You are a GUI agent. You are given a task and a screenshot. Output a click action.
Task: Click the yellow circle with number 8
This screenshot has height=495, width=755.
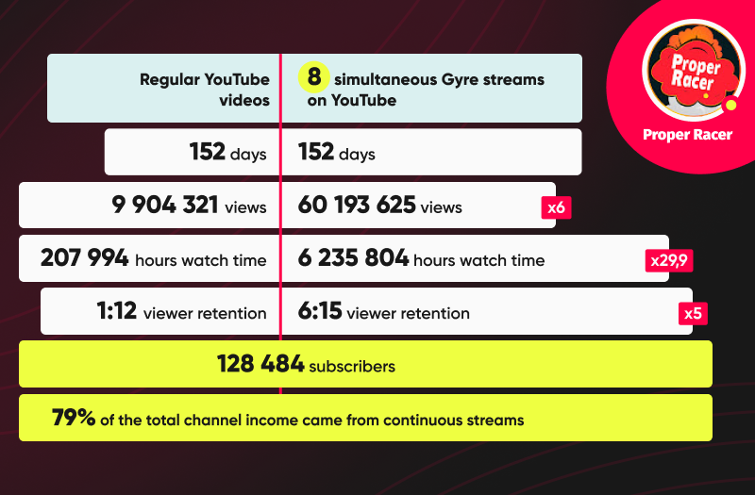pyautogui.click(x=314, y=77)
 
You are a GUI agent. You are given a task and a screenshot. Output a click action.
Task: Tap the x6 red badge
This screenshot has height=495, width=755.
pyautogui.click(x=556, y=207)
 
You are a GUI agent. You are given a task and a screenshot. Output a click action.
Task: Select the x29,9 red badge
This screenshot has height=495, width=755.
pyautogui.click(x=669, y=261)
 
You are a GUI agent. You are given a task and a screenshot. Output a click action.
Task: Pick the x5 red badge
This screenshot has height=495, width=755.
pyautogui.click(x=693, y=314)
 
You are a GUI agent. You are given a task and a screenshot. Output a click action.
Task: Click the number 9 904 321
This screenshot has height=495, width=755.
pyautogui.click(x=165, y=205)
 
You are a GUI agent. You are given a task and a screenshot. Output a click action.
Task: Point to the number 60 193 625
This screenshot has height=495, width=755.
pyautogui.click(x=357, y=205)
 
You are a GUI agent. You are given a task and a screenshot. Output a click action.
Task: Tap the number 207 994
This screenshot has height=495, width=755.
pyautogui.click(x=85, y=257)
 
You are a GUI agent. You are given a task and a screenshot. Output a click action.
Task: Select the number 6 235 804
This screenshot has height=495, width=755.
pyautogui.click(x=353, y=257)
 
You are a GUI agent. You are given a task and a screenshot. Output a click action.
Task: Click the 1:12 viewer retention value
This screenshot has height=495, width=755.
pyautogui.click(x=117, y=311)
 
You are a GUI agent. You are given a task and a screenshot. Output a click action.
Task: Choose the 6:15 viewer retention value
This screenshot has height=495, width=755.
pyautogui.click(x=320, y=311)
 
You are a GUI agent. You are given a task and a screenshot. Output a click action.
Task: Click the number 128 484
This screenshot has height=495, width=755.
pyautogui.click(x=260, y=364)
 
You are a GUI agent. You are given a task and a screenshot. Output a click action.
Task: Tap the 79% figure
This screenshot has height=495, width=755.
pyautogui.click(x=74, y=417)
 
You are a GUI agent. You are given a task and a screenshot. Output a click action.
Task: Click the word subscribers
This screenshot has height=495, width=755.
pyautogui.click(x=352, y=367)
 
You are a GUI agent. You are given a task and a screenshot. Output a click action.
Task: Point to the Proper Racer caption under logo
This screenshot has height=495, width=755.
pyautogui.click(x=688, y=135)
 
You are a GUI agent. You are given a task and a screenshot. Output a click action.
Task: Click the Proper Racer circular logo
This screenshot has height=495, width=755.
pyautogui.click(x=694, y=70)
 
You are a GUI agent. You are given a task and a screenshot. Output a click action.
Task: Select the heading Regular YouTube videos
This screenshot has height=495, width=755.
pyautogui.click(x=205, y=90)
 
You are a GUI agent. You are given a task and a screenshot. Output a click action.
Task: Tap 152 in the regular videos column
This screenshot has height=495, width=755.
pyautogui.click(x=208, y=152)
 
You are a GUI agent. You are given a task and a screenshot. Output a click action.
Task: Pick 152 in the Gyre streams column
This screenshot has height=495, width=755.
pyautogui.click(x=316, y=152)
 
